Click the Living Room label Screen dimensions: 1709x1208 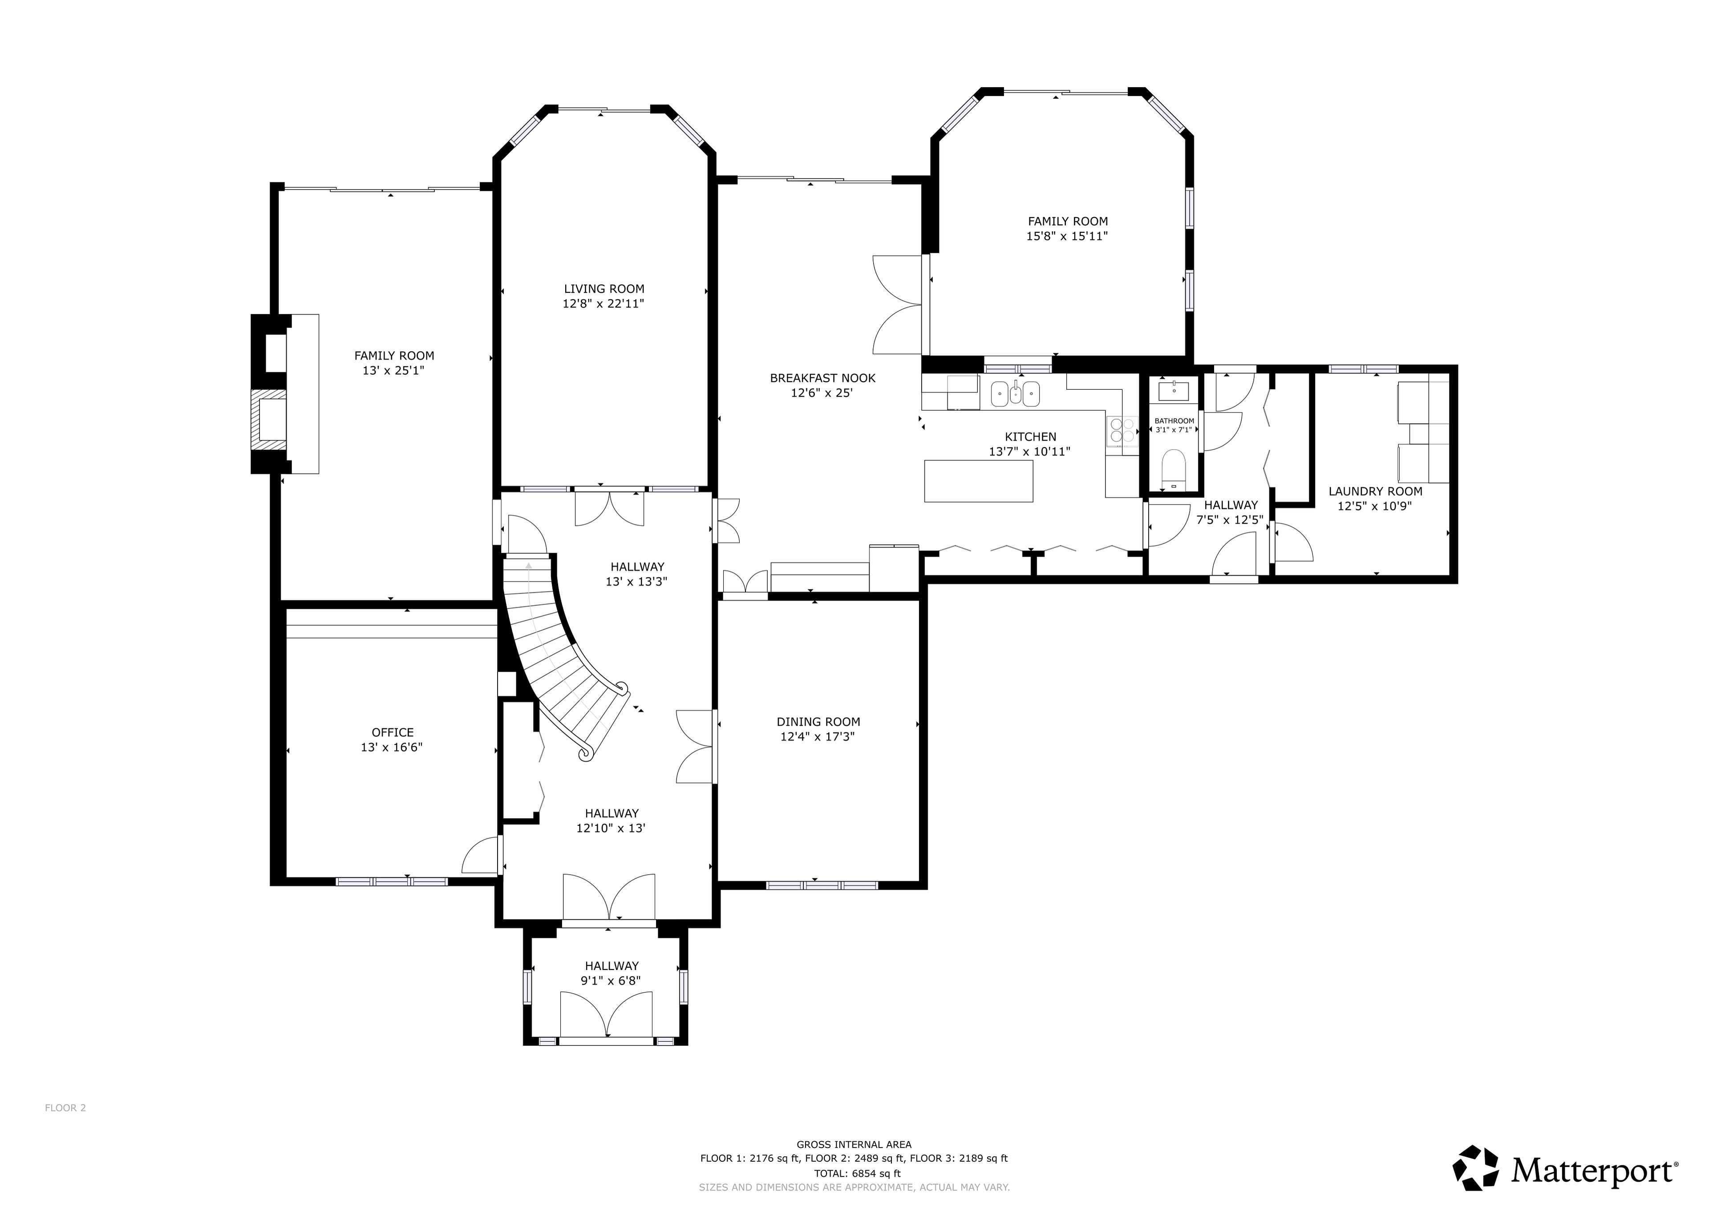pyautogui.click(x=603, y=289)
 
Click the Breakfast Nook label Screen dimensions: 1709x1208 pyautogui.click(x=822, y=378)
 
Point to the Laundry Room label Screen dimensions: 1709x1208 pyautogui.click(x=1375, y=491)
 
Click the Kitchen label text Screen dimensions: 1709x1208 pyautogui.click(x=1030, y=437)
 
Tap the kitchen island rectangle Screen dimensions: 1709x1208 pyautogui.click(x=978, y=481)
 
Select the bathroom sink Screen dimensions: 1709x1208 pyautogui.click(x=1174, y=389)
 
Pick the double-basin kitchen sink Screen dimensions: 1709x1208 pyautogui.click(x=1015, y=393)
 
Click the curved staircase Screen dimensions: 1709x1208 pyautogui.click(x=566, y=655)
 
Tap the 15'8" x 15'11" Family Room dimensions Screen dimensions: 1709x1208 pyautogui.click(x=1067, y=236)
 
